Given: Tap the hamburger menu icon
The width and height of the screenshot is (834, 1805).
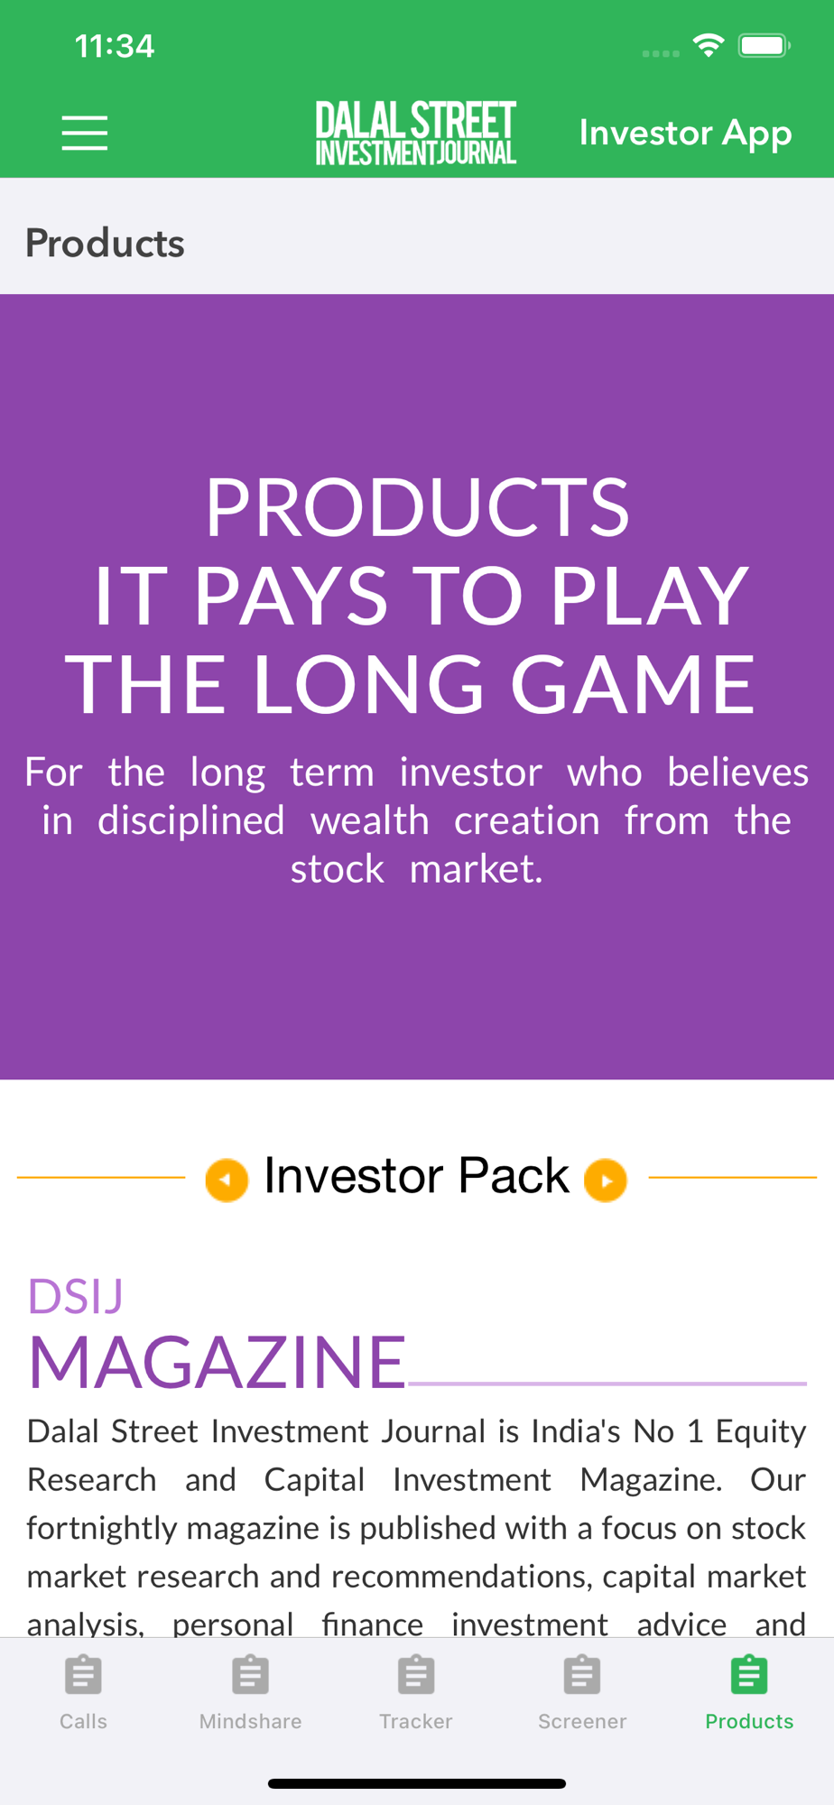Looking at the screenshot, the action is (x=85, y=133).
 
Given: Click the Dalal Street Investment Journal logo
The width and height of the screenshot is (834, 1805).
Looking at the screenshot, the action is (x=416, y=133).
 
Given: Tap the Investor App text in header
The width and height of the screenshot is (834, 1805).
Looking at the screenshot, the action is (x=685, y=134).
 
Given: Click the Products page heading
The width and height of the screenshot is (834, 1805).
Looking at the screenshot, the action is (x=105, y=243).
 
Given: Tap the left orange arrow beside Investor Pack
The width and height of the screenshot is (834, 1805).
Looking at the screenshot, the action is (x=227, y=1180).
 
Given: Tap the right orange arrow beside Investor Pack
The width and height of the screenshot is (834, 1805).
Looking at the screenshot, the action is (x=606, y=1180).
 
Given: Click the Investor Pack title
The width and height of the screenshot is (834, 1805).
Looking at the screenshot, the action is (x=416, y=1176).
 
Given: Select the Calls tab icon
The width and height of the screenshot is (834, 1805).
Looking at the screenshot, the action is (x=83, y=1675).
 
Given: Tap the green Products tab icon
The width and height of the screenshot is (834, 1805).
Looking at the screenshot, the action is (x=749, y=1675).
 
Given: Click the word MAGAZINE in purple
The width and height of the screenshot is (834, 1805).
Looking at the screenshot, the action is (x=218, y=1362).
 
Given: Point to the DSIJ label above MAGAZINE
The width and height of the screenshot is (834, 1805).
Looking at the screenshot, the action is (x=76, y=1296).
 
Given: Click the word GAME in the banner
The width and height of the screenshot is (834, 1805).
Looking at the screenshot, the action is (x=633, y=684).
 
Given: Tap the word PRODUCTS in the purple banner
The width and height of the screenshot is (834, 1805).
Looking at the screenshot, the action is (x=417, y=507).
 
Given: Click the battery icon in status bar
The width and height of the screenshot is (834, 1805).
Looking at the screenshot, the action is (x=764, y=45).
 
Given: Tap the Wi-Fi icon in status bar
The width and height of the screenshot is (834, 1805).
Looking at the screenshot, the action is (x=709, y=45).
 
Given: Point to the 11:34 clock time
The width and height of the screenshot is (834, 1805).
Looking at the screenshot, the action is (x=115, y=46).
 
